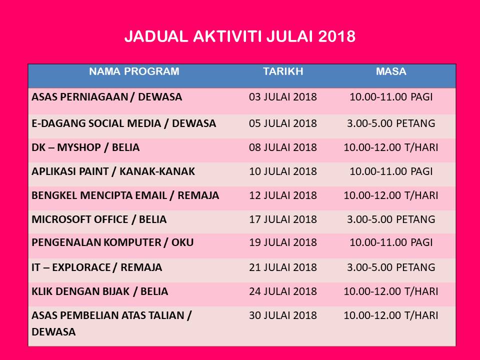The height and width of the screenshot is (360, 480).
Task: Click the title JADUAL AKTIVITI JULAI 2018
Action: pyautogui.click(x=240, y=36)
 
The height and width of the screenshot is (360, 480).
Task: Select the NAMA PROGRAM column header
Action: pyautogui.click(x=134, y=71)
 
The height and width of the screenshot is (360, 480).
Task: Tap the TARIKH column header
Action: pyautogui.click(x=283, y=71)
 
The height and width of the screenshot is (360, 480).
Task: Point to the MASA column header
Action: pyautogui.click(x=391, y=71)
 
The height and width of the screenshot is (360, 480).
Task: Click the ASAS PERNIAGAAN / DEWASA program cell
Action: pyautogui.click(x=107, y=97)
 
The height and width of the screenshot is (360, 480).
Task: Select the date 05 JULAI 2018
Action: pyautogui.click(x=283, y=123)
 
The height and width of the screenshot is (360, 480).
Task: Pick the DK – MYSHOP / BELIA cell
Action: pyautogui.click(x=85, y=147)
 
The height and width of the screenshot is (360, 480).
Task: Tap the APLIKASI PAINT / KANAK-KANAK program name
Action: pyautogui.click(x=113, y=171)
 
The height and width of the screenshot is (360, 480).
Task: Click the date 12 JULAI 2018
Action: pyautogui.click(x=283, y=195)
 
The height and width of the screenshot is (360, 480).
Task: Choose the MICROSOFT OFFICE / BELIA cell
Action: pyautogui.click(x=99, y=219)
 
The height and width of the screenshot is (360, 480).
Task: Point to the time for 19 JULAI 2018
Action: pyautogui.click(x=391, y=242)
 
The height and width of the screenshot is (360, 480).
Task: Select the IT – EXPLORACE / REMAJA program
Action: pyautogui.click(x=96, y=267)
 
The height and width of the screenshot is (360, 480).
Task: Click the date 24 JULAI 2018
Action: pyautogui.click(x=283, y=291)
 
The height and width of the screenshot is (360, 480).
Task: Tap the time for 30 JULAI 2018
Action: pyautogui.click(x=391, y=315)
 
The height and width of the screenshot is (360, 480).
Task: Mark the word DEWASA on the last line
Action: pyautogui.click(x=53, y=332)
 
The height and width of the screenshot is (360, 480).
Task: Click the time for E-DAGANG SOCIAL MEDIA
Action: pyautogui.click(x=391, y=123)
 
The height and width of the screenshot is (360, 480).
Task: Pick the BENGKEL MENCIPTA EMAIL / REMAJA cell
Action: pyautogui.click(x=125, y=195)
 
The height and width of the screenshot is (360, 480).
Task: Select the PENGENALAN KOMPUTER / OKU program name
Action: pyautogui.click(x=112, y=242)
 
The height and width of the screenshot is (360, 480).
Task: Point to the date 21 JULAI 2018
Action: pyautogui.click(x=283, y=267)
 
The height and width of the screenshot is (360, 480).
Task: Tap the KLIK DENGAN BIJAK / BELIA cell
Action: pyautogui.click(x=100, y=291)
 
